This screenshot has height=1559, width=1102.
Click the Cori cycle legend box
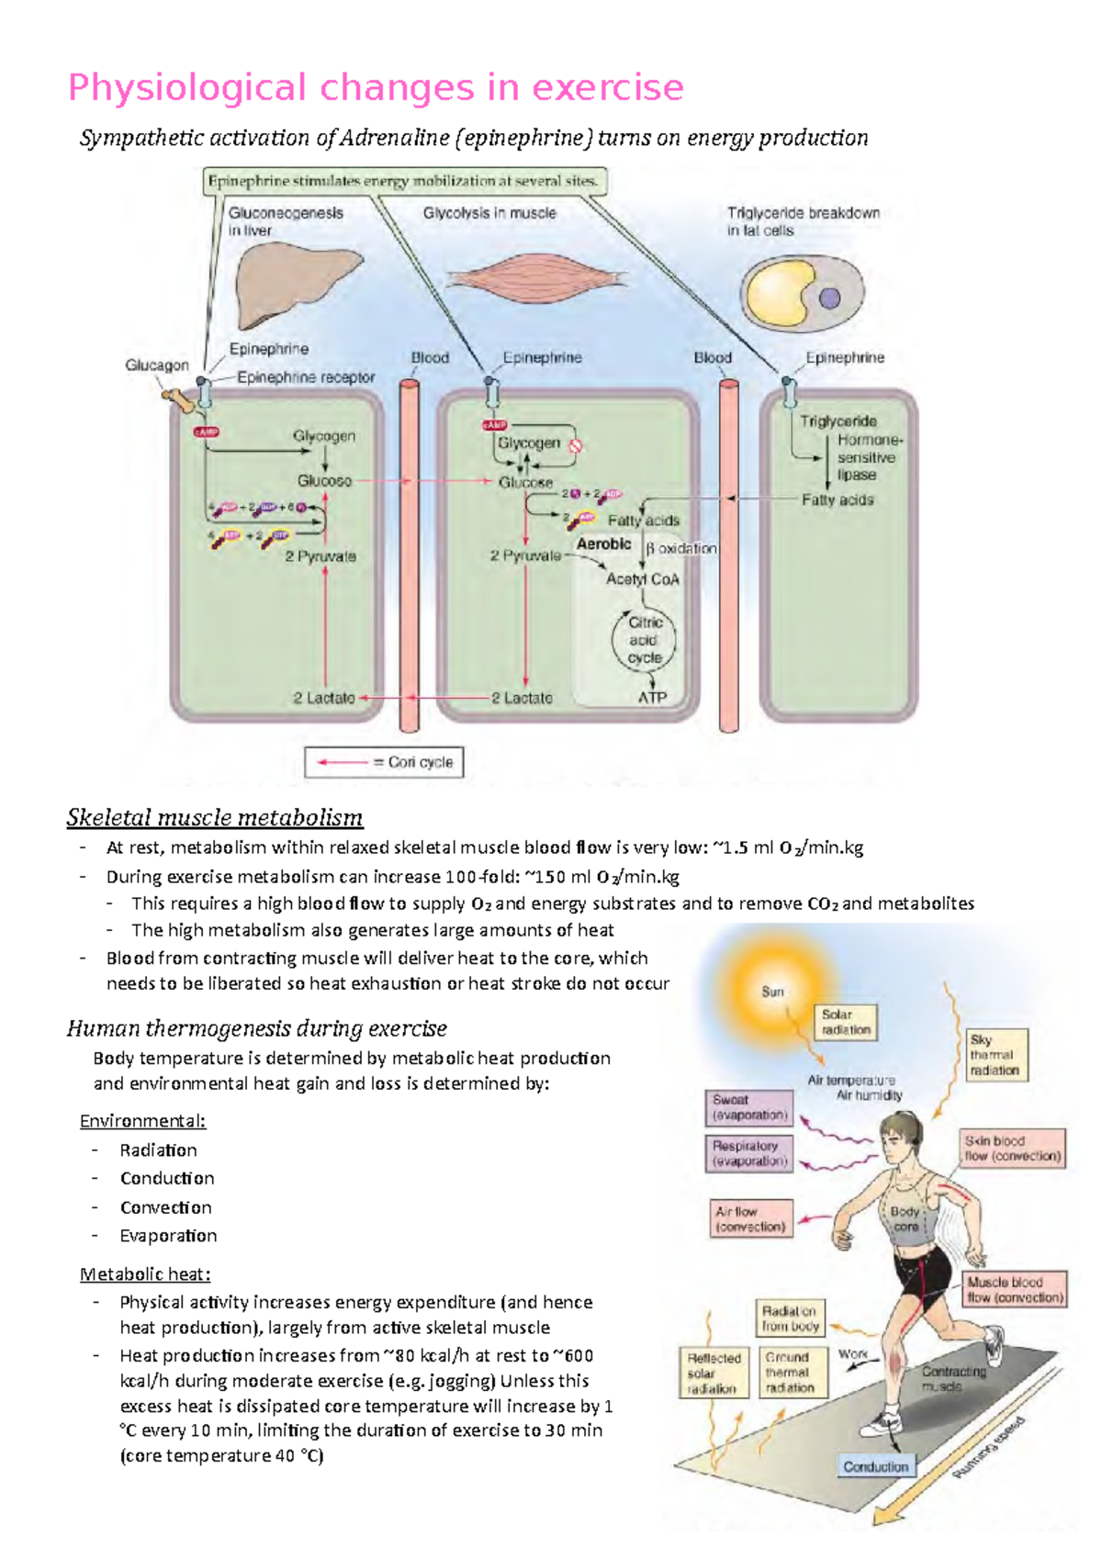384,762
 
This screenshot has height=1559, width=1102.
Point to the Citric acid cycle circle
644,640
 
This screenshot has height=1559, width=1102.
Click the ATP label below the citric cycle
652,698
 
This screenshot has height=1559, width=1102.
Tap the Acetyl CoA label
642,579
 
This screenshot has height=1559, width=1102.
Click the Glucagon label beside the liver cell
157,365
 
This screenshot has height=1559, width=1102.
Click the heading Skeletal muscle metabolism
215,817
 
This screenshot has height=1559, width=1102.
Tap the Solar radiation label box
846,1022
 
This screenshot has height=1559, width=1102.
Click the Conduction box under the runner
876,1466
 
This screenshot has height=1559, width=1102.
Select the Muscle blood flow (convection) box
1015,1289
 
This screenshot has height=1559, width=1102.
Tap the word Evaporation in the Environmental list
168,1236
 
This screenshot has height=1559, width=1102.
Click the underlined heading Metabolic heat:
145,1274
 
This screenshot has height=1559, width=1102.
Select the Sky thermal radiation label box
995,1055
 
